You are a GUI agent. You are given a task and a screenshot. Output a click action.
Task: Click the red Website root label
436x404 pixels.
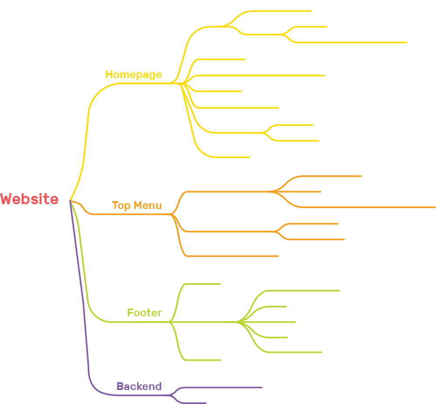coord(29,199)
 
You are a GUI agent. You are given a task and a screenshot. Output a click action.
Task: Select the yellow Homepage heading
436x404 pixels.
coord(133,75)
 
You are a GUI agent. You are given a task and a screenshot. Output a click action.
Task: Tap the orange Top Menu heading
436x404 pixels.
coord(137,205)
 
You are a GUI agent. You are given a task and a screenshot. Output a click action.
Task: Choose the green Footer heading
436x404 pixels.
coord(144,313)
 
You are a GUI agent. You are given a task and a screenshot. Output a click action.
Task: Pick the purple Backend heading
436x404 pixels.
coord(139,387)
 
